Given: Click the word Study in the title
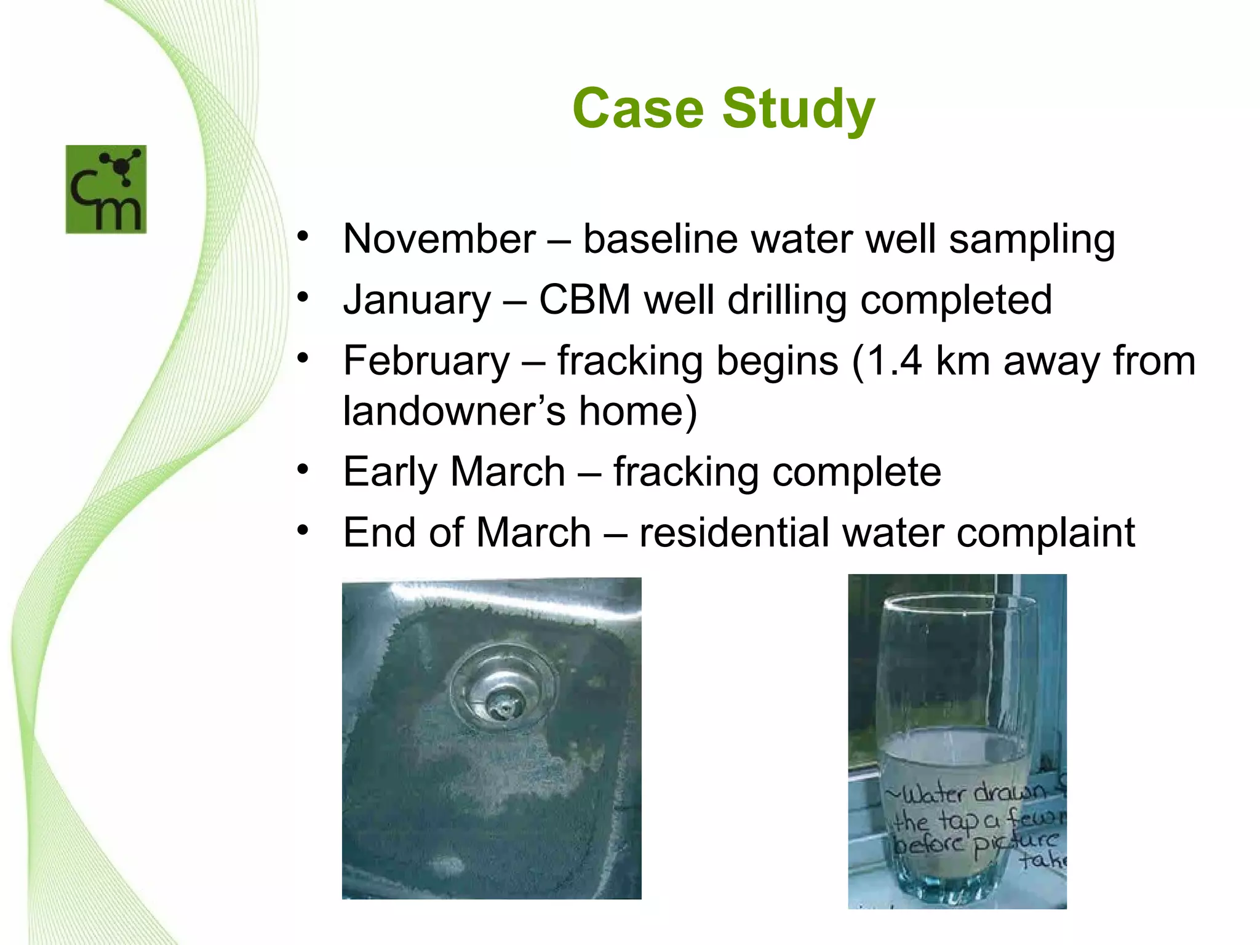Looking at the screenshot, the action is pos(798,110).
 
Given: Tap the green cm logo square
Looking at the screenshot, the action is pos(106,189).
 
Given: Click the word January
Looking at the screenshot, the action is pos(417,300).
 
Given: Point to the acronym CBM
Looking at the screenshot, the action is pos(584,300).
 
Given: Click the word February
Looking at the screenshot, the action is pos(426,361).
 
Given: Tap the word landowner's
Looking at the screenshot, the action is pos(454,411).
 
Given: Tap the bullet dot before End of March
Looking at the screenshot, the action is pos(302,530).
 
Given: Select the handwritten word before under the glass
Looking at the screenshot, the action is pos(929,843).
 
